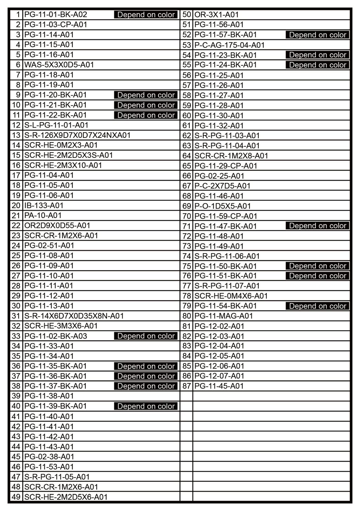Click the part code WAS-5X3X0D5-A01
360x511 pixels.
pos(59,65)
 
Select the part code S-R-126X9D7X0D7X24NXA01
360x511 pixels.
pos(77,135)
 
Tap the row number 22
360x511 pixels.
pos(16,225)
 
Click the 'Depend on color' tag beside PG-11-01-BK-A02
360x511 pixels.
pos(146,15)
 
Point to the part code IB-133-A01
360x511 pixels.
pos(44,205)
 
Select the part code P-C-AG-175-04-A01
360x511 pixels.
pos(230,45)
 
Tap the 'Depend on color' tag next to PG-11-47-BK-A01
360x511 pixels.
pos(318,226)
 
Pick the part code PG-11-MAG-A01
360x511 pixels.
pos(224,316)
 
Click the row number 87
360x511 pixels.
pos(187,386)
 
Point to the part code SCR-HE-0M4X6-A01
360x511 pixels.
pos(231,296)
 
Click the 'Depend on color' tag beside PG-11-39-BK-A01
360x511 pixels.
pos(146,406)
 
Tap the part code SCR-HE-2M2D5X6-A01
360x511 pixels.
pos(66,497)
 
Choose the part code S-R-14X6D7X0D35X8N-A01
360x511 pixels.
pos(74,316)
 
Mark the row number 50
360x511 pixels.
pos(187,15)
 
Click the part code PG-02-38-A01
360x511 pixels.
pos(49,456)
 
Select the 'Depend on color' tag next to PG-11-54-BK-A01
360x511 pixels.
pos(318,306)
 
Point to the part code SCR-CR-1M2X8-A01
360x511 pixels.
pos(231,156)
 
